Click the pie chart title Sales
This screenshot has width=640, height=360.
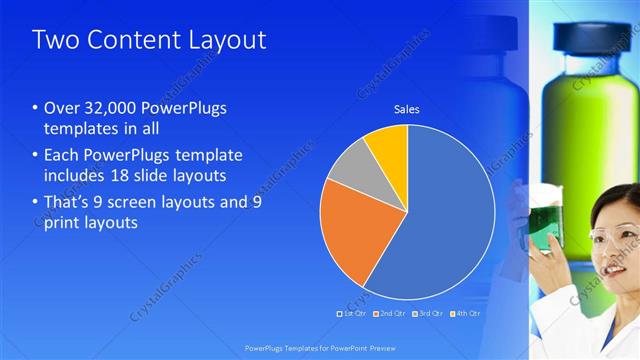click(406, 108)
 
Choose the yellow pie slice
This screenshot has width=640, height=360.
click(388, 143)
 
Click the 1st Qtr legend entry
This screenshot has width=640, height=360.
click(351, 314)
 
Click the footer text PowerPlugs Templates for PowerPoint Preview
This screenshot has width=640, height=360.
click(319, 347)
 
